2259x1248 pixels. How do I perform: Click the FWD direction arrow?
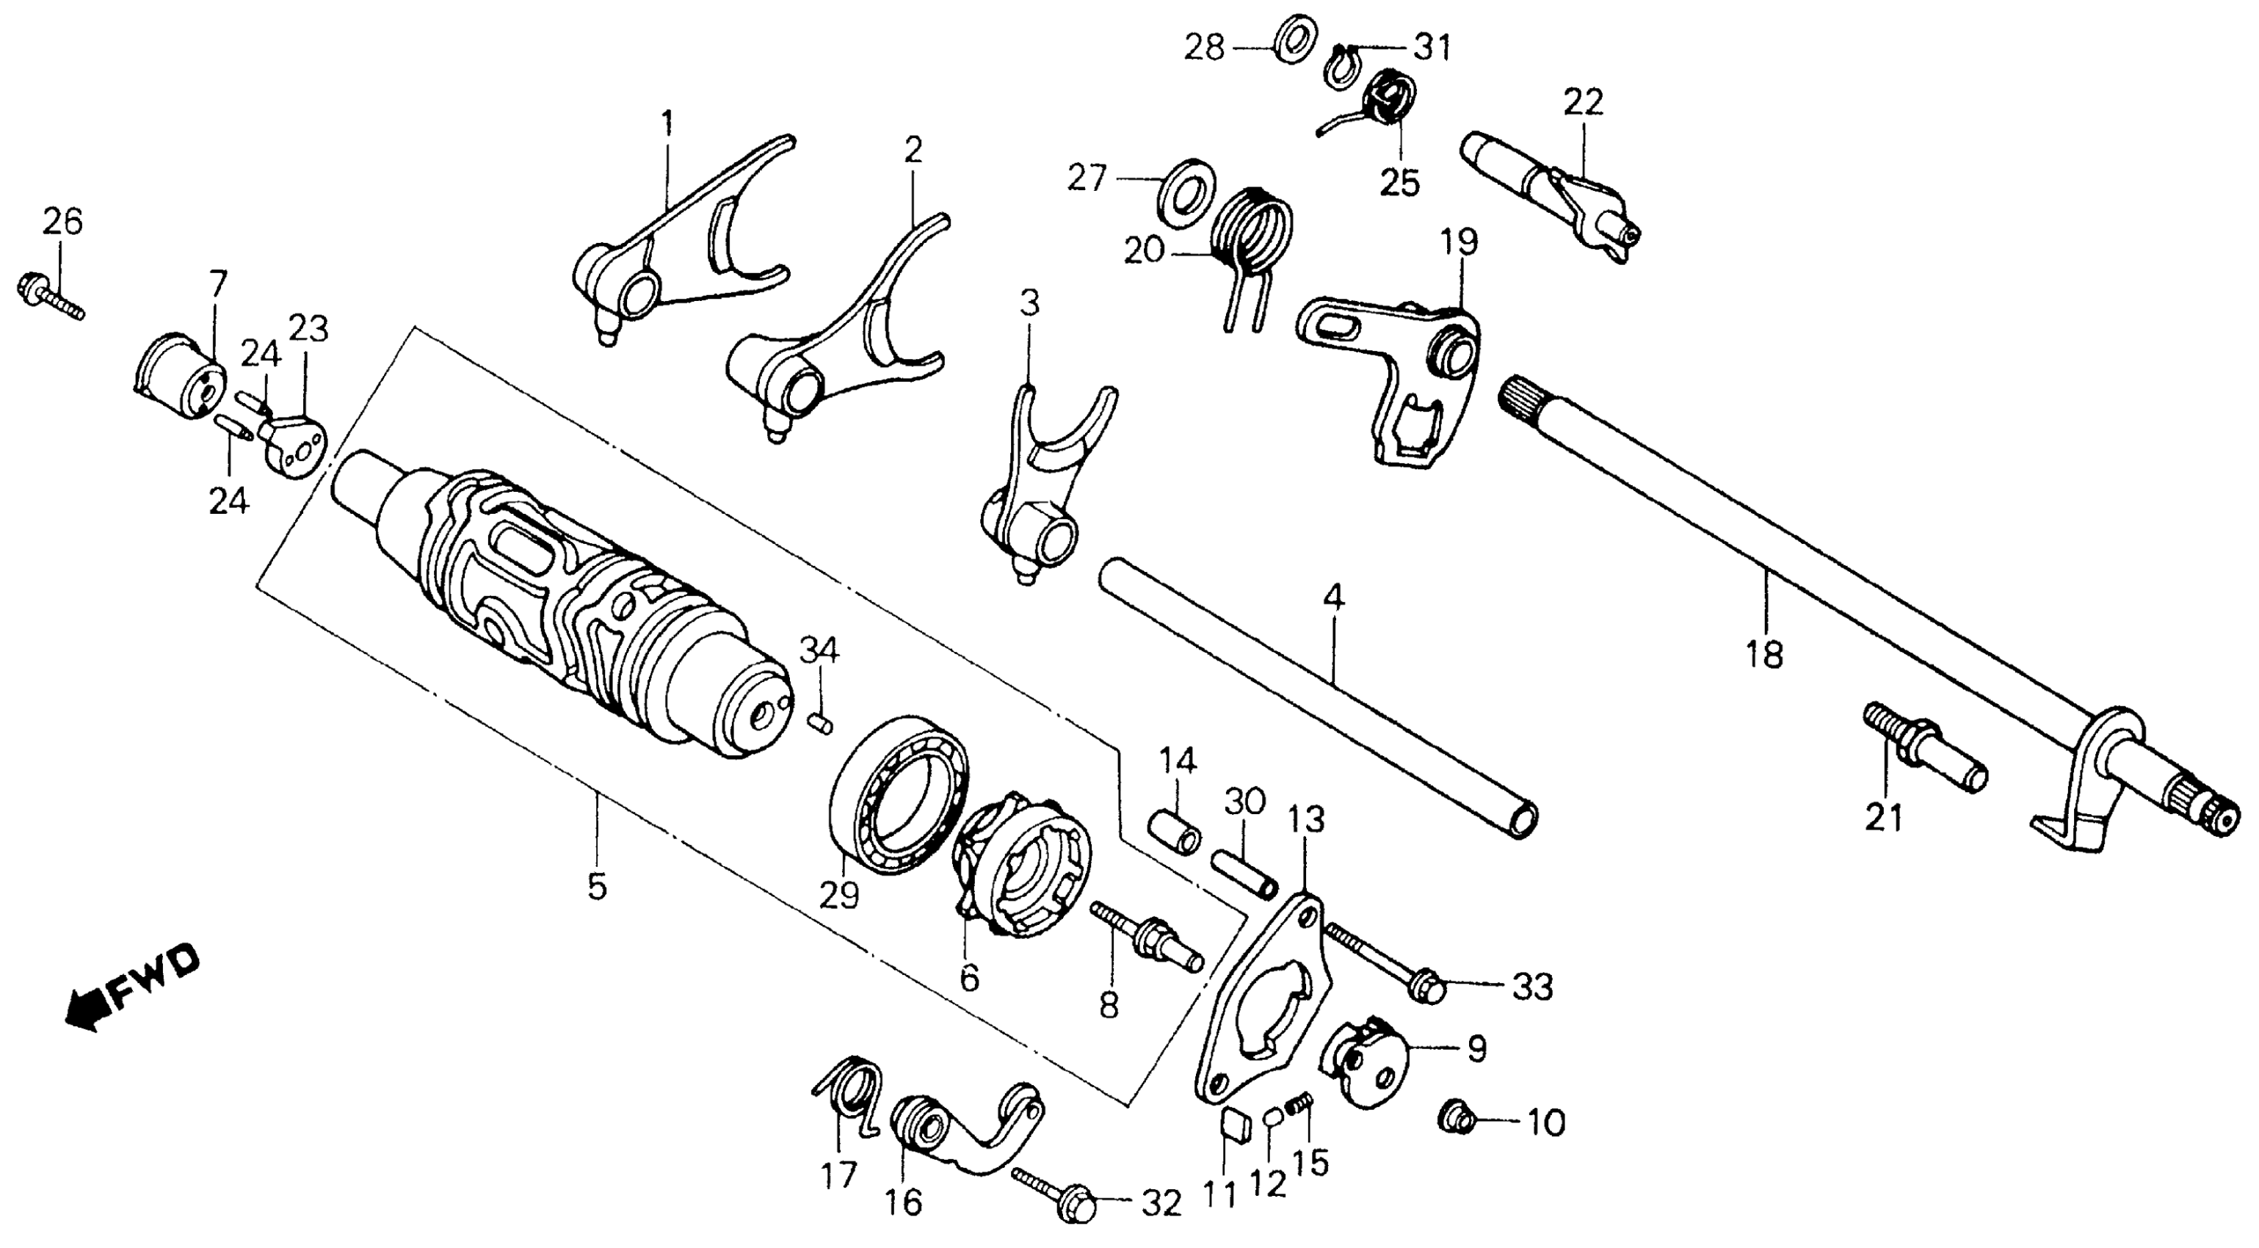[131, 987]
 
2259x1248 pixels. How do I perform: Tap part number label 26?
[62, 222]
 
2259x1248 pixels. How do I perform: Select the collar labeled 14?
[1174, 830]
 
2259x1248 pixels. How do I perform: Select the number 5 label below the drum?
[596, 886]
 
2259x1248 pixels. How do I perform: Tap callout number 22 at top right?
[1583, 103]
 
